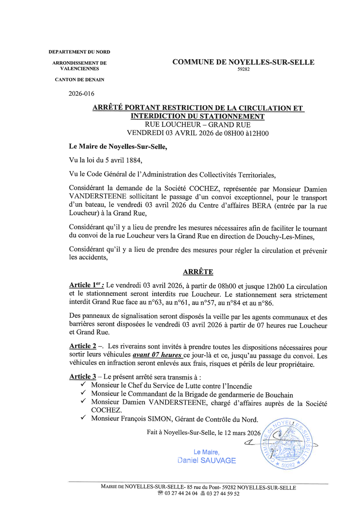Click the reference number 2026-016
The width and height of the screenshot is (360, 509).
[x=82, y=94]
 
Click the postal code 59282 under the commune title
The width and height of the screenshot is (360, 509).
[x=243, y=69]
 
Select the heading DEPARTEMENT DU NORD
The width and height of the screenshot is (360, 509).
[x=79, y=52]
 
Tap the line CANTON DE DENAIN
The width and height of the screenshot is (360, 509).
[x=79, y=80]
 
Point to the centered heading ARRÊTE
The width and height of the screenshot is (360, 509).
[x=198, y=272]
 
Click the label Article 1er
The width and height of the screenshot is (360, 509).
[x=86, y=285]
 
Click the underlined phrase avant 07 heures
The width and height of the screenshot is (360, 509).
[x=158, y=355]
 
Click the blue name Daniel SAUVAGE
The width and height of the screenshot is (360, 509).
[x=206, y=461]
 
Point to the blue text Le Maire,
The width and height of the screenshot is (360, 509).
[x=206, y=452]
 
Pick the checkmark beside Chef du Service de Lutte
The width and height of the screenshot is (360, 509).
[x=83, y=384]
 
